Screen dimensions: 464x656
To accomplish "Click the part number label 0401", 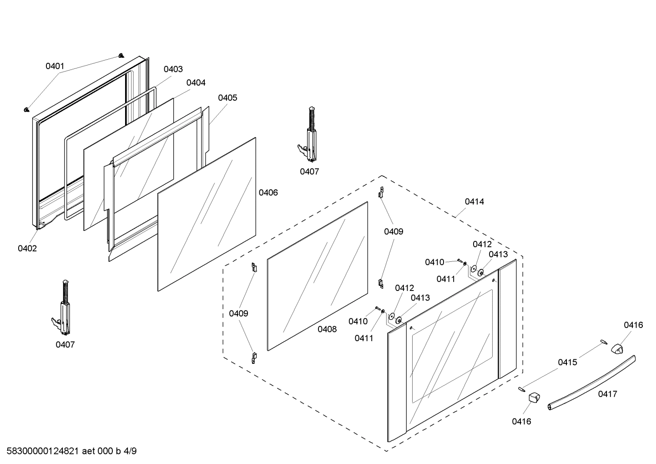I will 55,66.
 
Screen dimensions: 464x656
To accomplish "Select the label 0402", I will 27,248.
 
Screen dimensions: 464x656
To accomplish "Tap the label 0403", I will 173,69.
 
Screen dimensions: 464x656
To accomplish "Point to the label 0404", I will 196,82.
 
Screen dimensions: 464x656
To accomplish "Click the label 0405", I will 227,97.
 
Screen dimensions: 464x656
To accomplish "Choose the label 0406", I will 268,193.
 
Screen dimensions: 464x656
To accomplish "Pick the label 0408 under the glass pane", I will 327,329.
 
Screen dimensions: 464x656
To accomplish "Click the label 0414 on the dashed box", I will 474,201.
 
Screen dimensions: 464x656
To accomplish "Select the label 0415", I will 567,362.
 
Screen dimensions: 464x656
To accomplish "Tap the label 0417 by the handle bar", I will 607,394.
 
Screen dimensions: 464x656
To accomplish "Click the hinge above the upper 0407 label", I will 309,137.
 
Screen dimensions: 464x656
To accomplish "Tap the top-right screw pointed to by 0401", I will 121,55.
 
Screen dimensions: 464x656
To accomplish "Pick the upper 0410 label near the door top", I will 434,262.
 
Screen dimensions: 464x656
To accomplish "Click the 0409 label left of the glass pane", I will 238,313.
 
